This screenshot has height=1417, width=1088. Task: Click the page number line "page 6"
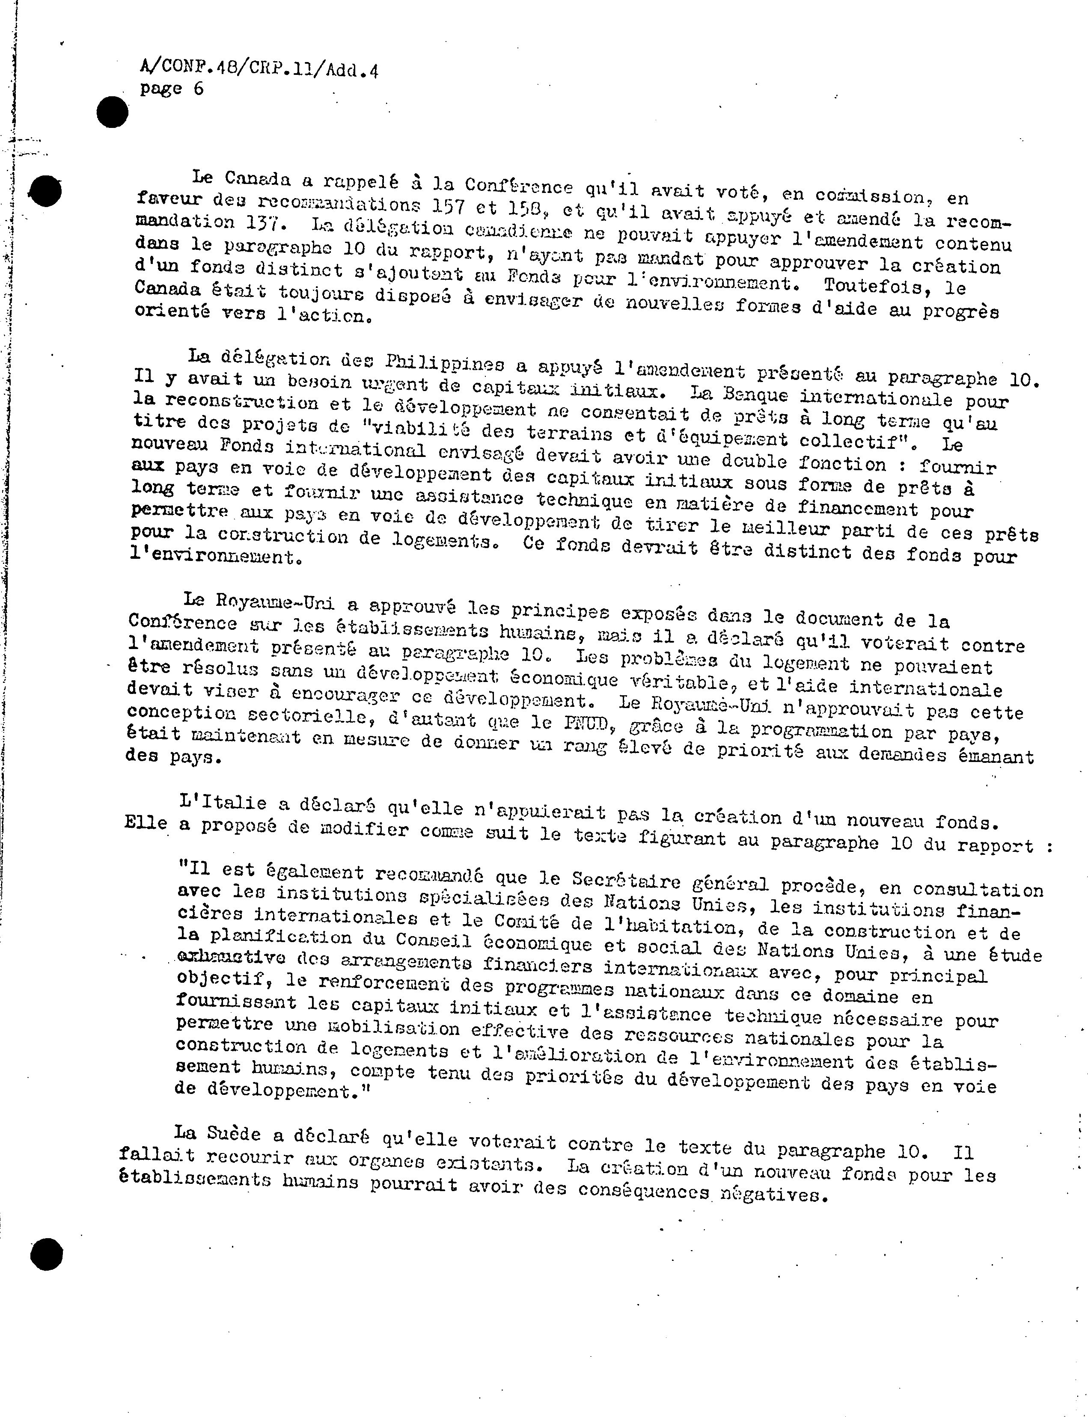tap(172, 89)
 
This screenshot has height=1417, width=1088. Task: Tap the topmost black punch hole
tap(112, 113)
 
